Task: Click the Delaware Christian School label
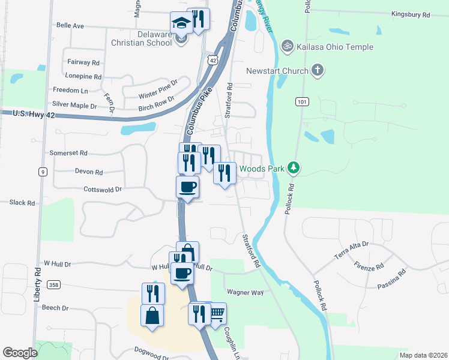pos(141,38)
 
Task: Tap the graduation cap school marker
pos(180,23)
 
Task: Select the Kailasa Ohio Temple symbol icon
pos(288,46)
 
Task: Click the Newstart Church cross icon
pos(318,71)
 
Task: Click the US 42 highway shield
pos(213,60)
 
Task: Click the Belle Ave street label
pos(70,26)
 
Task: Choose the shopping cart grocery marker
pos(217,313)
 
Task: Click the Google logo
pos(20,353)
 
